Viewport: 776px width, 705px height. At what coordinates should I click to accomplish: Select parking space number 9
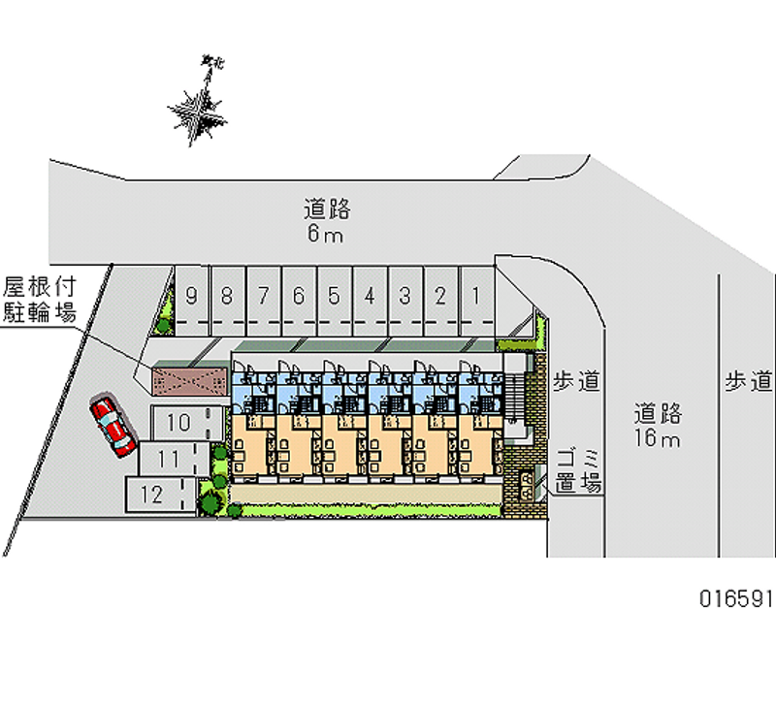pyautogui.click(x=192, y=297)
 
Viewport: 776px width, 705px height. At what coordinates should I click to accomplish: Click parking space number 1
pyautogui.click(x=476, y=297)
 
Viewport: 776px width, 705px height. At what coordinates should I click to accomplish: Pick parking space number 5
pyautogui.click(x=334, y=297)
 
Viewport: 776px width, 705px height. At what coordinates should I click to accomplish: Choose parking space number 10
pyautogui.click(x=179, y=422)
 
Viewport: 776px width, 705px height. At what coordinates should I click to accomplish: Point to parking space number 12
pyautogui.click(x=155, y=494)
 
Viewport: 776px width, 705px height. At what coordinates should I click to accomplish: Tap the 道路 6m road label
pyautogui.click(x=326, y=220)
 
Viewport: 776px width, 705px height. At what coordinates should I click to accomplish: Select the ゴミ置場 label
pyautogui.click(x=580, y=471)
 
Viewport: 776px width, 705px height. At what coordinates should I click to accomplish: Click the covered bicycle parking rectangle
pyautogui.click(x=190, y=378)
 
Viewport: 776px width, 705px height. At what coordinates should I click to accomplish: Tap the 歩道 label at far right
pyautogui.click(x=748, y=381)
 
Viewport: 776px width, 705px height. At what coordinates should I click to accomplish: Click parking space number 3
pyautogui.click(x=404, y=297)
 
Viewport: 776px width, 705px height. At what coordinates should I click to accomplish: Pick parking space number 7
pyautogui.click(x=263, y=297)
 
